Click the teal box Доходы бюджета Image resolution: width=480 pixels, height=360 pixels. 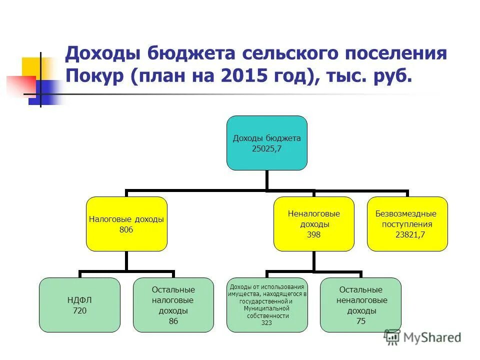pyautogui.click(x=266, y=142)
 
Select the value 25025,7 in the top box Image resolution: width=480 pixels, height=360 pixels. pyautogui.click(x=266, y=148)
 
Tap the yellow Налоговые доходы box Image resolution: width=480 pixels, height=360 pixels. pyautogui.click(x=126, y=223)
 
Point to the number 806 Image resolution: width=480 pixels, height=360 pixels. pyautogui.click(x=126, y=229)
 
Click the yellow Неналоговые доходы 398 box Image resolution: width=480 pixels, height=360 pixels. pyautogui.click(x=313, y=223)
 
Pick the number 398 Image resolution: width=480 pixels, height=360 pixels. pyautogui.click(x=313, y=234)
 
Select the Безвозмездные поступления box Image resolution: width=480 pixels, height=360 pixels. pyautogui.click(x=407, y=223)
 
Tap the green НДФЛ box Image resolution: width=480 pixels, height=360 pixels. pyautogui.click(x=80, y=304)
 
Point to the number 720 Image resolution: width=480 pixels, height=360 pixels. pyautogui.click(x=80, y=310)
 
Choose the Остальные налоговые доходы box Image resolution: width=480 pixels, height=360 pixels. pyautogui.click(x=173, y=304)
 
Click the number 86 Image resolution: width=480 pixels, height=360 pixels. pyautogui.click(x=173, y=321)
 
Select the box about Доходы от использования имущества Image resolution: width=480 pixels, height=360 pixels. pyautogui.click(x=266, y=304)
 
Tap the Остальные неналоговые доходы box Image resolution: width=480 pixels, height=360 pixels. pyautogui.click(x=360, y=304)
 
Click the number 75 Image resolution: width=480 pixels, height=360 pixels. pyautogui.click(x=360, y=321)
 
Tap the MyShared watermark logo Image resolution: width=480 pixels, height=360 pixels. pyautogui.click(x=422, y=337)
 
